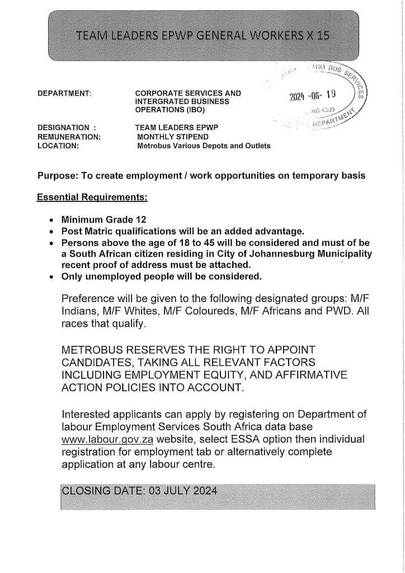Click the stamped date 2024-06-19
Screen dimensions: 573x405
coord(312,96)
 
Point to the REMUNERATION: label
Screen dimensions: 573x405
coord(69,137)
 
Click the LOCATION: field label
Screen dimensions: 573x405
coord(58,145)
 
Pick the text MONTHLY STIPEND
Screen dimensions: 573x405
coord(173,137)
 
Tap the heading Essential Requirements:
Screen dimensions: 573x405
coord(92,197)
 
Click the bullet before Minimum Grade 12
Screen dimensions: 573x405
coord(51,220)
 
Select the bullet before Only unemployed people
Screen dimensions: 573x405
coord(51,276)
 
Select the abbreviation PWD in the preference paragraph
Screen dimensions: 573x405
coord(332,311)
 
